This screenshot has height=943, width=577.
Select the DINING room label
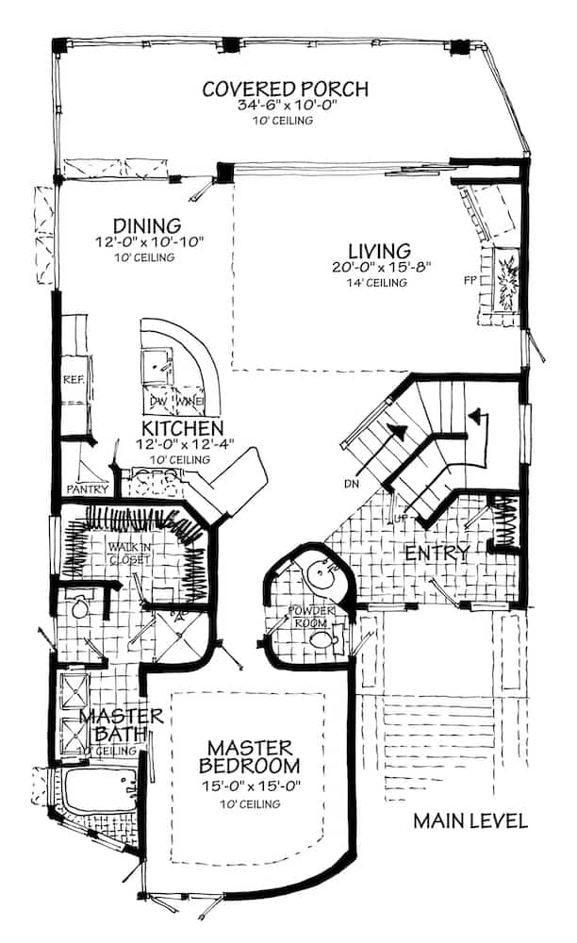[146, 226]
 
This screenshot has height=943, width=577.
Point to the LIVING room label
[379, 251]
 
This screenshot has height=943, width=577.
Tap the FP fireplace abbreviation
[469, 280]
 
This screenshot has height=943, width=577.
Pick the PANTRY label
[87, 488]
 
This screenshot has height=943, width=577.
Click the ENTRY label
[436, 554]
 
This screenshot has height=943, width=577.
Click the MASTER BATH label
[121, 726]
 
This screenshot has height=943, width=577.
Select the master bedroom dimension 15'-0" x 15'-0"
[250, 785]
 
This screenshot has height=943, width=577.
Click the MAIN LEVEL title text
[470, 820]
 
